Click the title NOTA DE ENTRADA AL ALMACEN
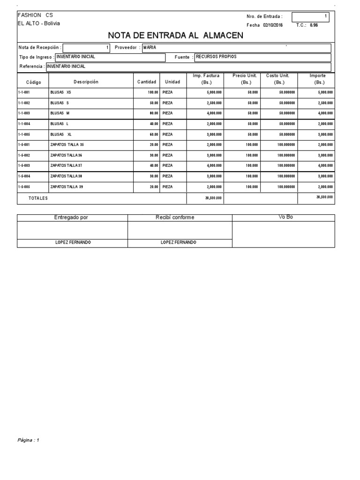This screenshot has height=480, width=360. [x=176, y=35]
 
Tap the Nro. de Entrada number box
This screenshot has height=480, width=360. [x=310, y=17]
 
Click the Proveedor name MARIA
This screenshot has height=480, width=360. [x=150, y=48]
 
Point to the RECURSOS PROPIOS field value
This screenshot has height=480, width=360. [x=216, y=57]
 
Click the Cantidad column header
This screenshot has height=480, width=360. [x=147, y=82]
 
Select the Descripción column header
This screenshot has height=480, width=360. [x=86, y=82]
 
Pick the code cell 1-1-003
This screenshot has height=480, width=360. [x=24, y=113]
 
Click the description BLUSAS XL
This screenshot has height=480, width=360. [x=60, y=134]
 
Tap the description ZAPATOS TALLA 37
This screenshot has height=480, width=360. [x=66, y=165]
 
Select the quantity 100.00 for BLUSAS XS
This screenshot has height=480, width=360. [x=153, y=92]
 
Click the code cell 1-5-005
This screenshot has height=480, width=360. [x=24, y=187]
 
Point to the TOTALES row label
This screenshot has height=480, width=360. [x=38, y=198]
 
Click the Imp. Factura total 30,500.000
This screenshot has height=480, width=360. [x=213, y=198]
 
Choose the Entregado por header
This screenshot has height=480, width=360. [x=71, y=217]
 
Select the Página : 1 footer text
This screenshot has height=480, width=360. [x=29, y=440]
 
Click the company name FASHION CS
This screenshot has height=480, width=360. [x=35, y=15]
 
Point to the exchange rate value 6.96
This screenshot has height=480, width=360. [x=314, y=25]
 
